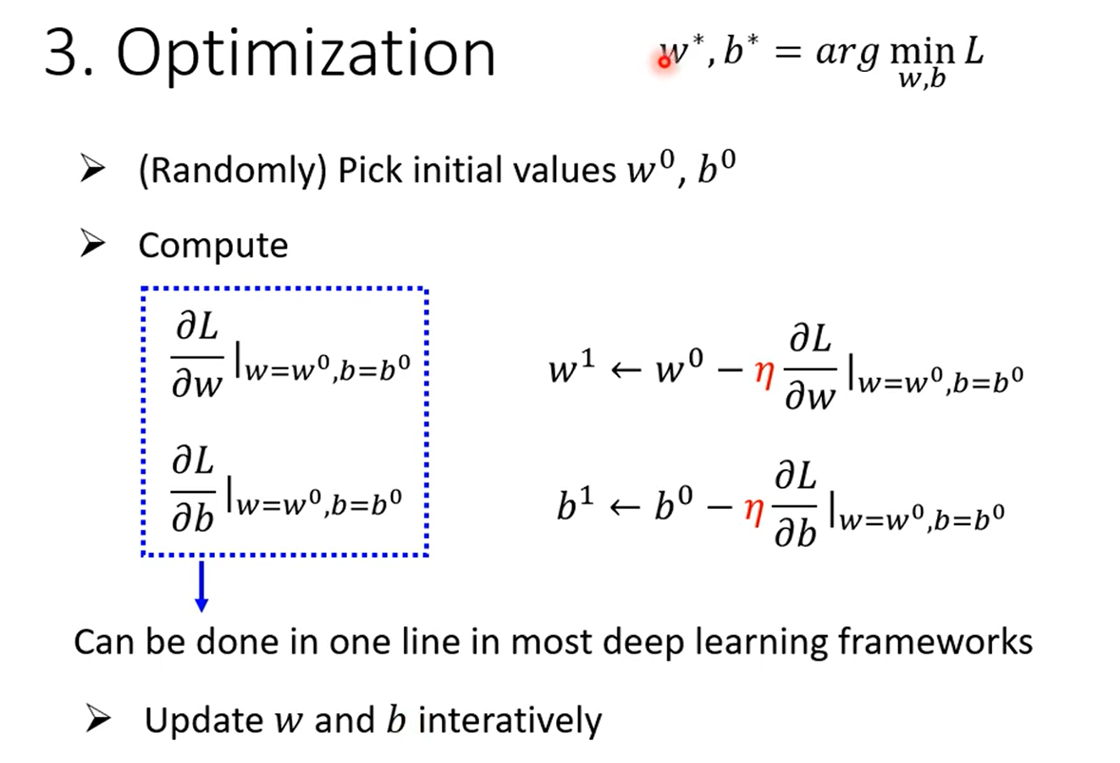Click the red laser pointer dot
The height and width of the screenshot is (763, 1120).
tap(664, 62)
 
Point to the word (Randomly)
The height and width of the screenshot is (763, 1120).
tap(233, 170)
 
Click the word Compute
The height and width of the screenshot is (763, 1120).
tap(213, 246)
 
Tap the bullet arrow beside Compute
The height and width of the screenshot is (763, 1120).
tap(92, 244)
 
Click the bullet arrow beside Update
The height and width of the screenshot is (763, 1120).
tap(97, 718)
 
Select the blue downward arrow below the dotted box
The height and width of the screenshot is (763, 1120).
tap(201, 586)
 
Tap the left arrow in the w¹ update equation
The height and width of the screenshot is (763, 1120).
tap(626, 371)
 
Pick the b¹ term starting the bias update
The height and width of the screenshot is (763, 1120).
tap(576, 503)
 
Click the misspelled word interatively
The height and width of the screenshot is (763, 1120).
tap(510, 721)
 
